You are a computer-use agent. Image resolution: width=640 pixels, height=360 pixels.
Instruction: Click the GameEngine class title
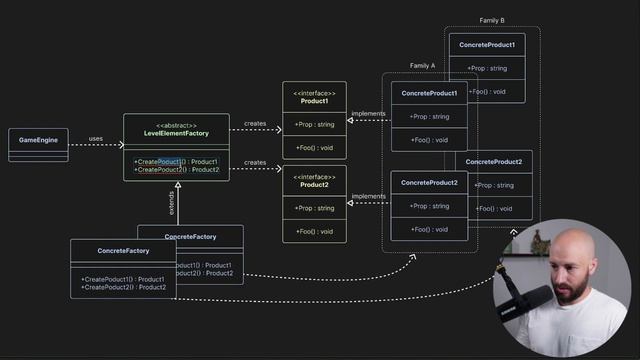38,140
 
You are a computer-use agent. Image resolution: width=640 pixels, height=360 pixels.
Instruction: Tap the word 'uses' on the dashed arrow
96,139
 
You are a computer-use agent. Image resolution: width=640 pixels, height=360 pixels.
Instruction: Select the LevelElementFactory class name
176,133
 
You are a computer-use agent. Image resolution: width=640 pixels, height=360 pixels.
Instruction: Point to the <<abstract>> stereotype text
176,124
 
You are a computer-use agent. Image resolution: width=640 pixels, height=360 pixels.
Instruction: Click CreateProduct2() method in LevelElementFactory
176,170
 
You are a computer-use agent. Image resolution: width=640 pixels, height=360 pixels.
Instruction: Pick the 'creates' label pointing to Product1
255,124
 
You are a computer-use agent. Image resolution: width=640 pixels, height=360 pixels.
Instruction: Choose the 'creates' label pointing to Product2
255,162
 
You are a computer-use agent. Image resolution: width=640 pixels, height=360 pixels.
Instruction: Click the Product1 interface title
314,101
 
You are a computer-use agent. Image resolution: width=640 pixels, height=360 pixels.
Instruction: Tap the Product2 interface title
314,185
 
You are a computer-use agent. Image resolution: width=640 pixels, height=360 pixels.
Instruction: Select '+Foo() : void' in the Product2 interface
314,231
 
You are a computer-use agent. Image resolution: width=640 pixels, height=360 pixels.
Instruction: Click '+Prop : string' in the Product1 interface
314,124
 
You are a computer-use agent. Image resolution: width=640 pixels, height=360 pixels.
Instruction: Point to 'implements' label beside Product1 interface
369,114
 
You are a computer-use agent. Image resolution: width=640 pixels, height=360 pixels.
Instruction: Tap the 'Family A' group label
422,66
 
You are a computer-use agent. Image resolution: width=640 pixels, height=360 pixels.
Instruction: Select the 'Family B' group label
492,21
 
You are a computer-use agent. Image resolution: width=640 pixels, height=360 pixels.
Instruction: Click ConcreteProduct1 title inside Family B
488,45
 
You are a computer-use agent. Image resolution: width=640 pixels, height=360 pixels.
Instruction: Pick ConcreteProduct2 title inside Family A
429,183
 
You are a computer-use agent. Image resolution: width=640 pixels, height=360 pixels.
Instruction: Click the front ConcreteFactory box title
124,250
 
